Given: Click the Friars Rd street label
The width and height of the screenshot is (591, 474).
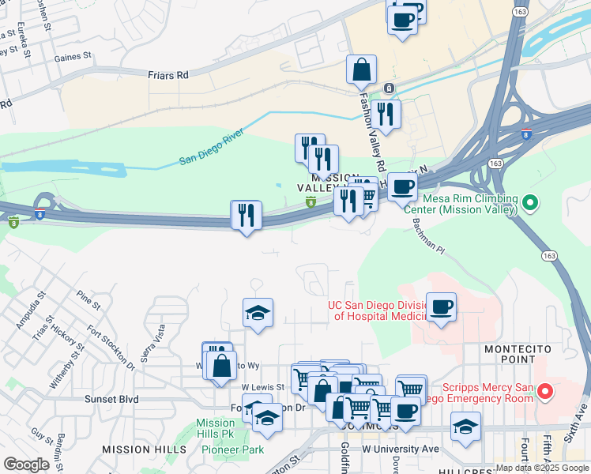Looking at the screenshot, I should [168, 75].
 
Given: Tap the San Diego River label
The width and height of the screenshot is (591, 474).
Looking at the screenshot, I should [212, 149].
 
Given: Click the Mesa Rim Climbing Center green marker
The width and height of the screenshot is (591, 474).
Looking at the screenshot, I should [530, 205].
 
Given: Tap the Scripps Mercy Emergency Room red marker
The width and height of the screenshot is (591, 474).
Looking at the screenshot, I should [544, 391].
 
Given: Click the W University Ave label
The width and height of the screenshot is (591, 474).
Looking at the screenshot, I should [400, 449].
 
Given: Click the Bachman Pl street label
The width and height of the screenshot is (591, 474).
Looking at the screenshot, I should [429, 237].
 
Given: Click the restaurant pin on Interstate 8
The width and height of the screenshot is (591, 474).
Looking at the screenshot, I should [247, 215].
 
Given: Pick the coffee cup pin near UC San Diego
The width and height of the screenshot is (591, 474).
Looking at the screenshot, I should [441, 307].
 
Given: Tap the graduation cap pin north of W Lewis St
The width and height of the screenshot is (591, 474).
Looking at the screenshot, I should [258, 314].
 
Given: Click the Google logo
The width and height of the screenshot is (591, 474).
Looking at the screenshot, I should [26, 465].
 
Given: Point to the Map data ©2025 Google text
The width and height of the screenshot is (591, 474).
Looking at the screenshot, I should [543, 468].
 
